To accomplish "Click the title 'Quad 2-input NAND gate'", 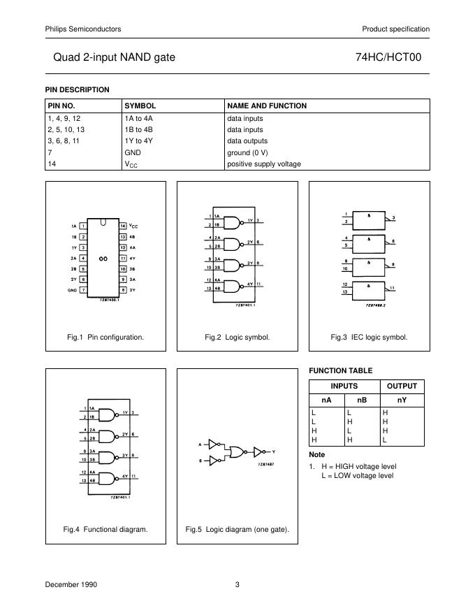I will (x=114, y=58).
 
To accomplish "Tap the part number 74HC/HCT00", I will (x=394, y=58).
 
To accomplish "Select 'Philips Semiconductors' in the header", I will (x=83, y=29).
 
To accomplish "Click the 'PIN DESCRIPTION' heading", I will (x=78, y=89).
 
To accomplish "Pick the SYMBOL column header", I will (x=140, y=106).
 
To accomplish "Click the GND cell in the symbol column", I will (x=133, y=152).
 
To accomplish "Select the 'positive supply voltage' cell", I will (x=264, y=164).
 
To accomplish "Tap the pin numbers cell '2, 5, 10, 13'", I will (x=66, y=129).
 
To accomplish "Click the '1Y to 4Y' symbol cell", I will (x=138, y=140).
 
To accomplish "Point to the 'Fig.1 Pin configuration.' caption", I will (x=105, y=337).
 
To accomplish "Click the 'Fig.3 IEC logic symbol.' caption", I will (x=369, y=337).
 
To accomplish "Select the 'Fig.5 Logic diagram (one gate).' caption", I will (x=237, y=529).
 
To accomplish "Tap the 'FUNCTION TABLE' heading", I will (x=340, y=370).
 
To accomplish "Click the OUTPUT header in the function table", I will (x=402, y=386).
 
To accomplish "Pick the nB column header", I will (x=361, y=400).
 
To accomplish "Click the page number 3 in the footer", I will (x=237, y=585).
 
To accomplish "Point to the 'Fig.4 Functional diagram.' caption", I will (x=105, y=529).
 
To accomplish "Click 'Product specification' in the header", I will (x=395, y=29).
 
